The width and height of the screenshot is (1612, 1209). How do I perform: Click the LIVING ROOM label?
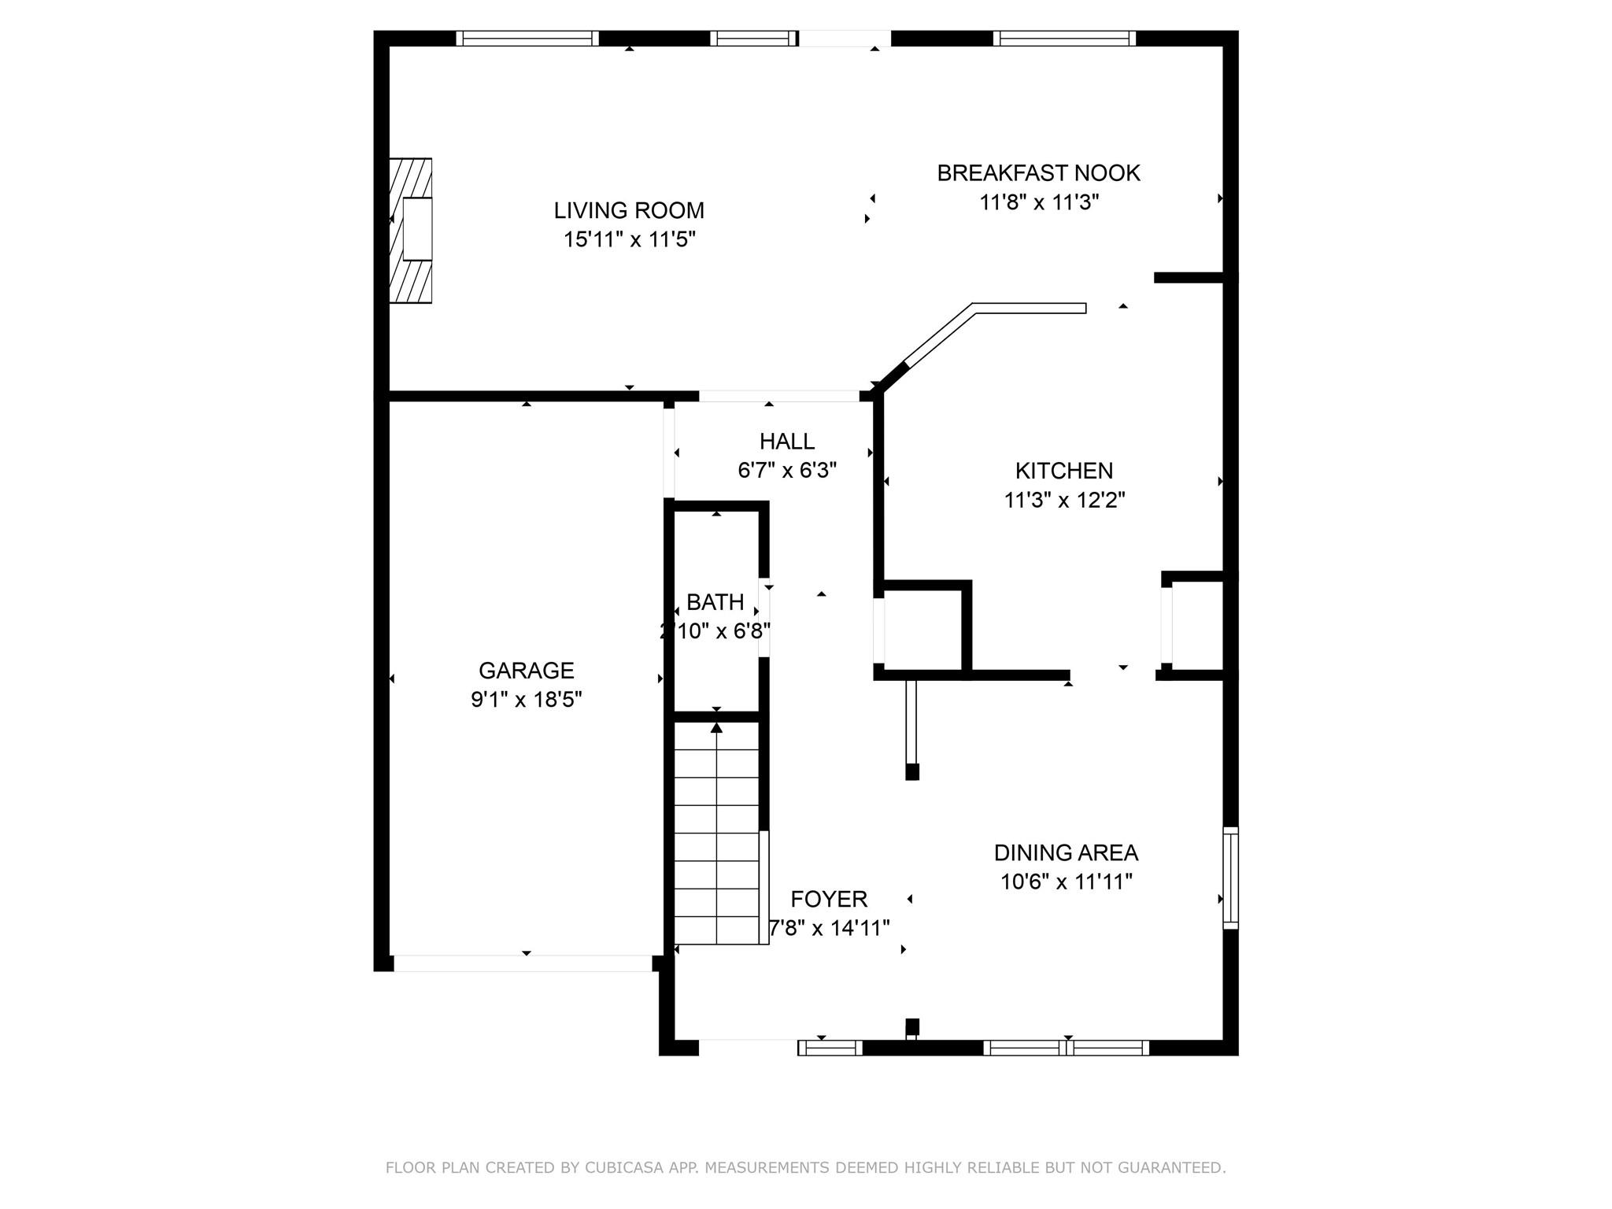tap(629, 210)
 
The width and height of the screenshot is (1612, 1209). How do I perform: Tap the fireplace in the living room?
tap(411, 230)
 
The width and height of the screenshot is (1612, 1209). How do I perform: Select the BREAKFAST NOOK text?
tap(1038, 173)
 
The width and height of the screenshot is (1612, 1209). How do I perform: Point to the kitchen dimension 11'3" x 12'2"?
tap(1064, 500)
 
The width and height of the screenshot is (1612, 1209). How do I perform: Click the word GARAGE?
tap(526, 671)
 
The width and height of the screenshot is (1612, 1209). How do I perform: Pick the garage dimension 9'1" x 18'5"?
tap(526, 700)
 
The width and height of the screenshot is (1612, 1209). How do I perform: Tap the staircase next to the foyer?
tap(716, 834)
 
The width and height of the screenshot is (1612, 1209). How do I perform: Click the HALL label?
tap(786, 442)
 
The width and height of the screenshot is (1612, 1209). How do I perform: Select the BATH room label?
tap(715, 602)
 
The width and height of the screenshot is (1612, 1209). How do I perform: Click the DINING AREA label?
tap(1066, 852)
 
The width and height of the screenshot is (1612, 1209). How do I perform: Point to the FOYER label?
tap(829, 899)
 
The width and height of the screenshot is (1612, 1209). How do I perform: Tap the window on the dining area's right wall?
tap(1230, 878)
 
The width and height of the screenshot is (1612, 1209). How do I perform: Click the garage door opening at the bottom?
tap(523, 963)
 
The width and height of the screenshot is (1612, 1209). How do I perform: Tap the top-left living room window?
tap(527, 39)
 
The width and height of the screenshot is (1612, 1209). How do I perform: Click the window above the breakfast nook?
tap(1065, 39)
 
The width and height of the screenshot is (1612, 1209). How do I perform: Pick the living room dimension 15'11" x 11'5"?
tap(629, 239)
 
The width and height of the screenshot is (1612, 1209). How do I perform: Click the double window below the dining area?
tap(1066, 1048)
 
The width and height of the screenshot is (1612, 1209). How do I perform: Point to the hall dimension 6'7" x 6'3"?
tap(786, 471)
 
